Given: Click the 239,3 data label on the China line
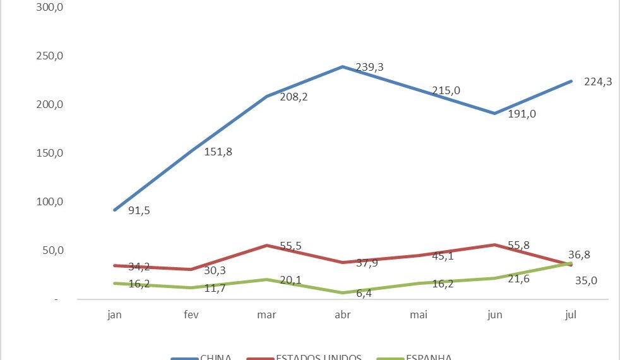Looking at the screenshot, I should coord(369,68).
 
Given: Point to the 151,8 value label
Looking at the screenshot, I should coord(218,152).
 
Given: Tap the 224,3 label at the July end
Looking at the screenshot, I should coord(598,81).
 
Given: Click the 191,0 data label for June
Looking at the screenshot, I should coord(522,114).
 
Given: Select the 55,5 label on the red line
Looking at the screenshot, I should coord(291,246).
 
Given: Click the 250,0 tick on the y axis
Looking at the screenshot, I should coord(51,56).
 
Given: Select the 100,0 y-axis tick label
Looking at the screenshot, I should coord(51,201).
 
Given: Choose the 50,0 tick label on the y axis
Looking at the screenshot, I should coord(53,250).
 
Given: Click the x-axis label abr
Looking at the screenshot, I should coord(342,314).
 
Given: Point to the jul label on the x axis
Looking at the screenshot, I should coord(571,314).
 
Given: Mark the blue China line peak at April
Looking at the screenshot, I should coord(342,66).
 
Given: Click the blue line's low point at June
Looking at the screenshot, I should coord(495,114).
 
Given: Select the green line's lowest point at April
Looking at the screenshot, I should coord(342,293).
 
